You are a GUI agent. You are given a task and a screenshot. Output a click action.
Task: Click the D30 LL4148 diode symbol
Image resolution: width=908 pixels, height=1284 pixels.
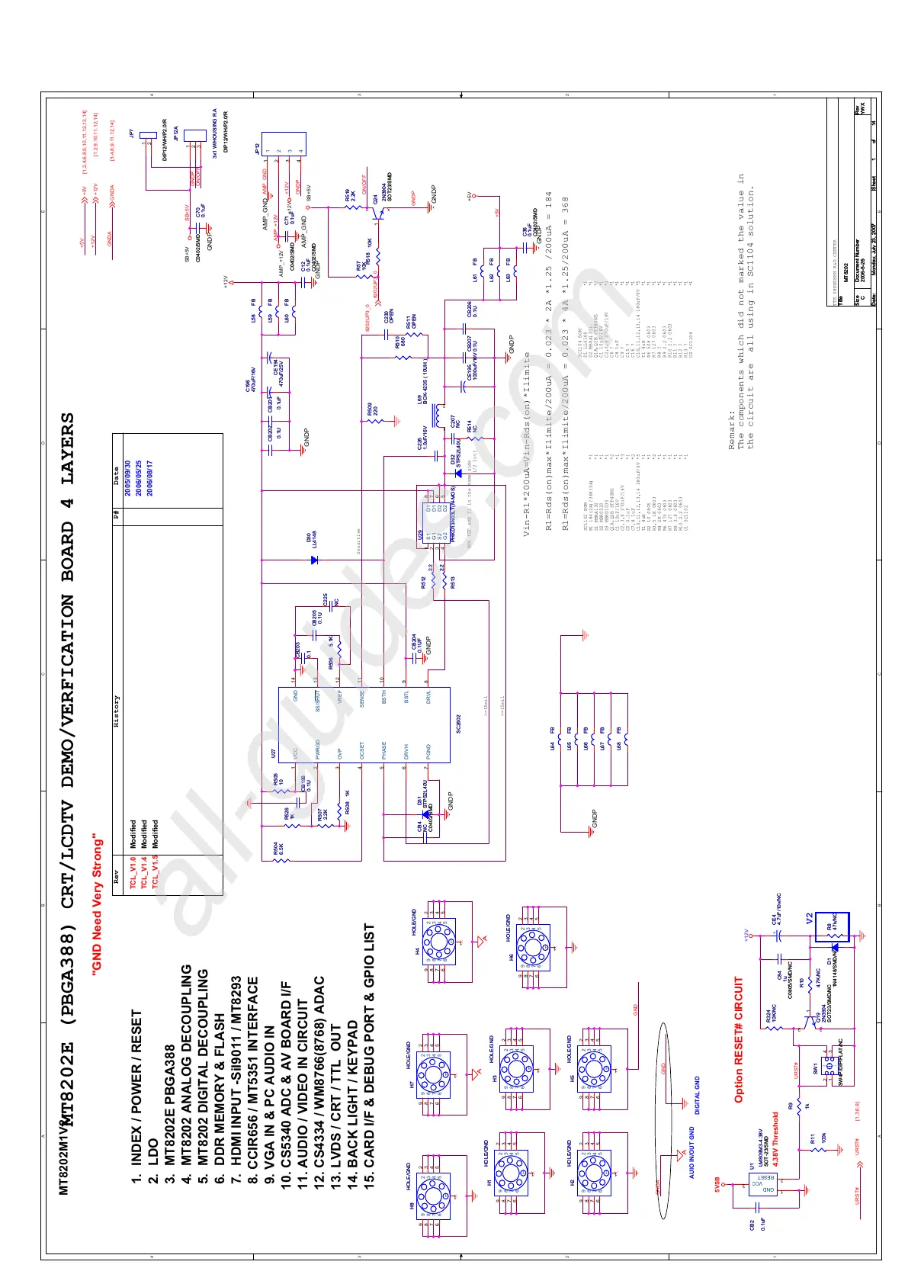click(x=314, y=560)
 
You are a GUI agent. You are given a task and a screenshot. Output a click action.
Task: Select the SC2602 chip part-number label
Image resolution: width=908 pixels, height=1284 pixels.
click(x=458, y=724)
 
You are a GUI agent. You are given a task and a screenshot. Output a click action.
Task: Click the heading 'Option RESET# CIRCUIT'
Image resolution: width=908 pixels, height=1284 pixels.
click(x=739, y=1039)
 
